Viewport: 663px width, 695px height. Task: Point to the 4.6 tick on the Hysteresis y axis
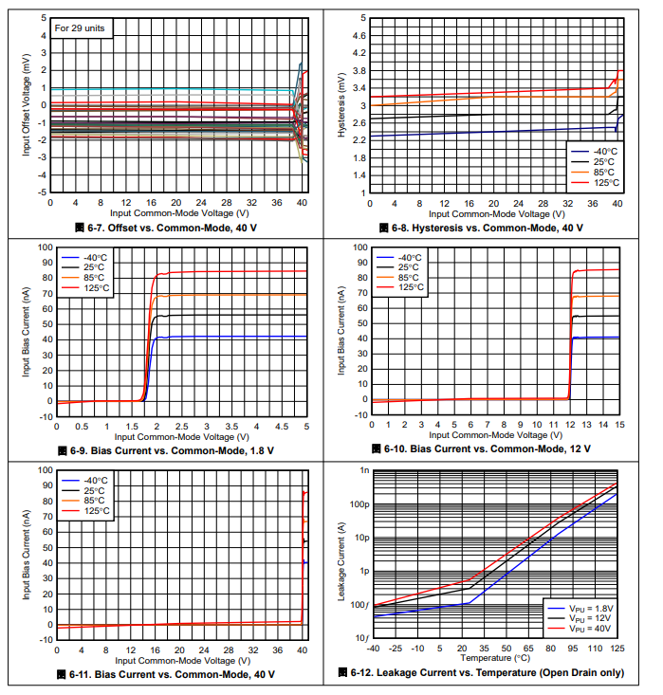(359, 36)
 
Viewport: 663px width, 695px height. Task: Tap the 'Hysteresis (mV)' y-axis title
(342, 105)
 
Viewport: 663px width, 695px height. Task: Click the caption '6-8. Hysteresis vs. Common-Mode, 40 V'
(488, 229)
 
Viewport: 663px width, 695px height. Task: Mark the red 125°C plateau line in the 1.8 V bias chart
(237, 272)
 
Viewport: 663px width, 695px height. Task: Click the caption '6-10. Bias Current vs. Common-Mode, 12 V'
(488, 448)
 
